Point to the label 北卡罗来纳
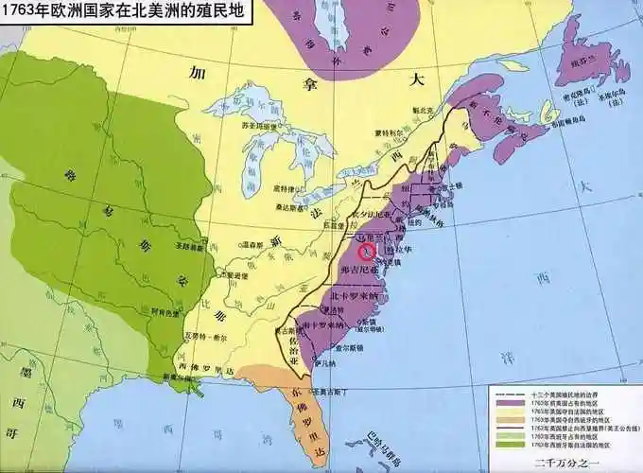click(x=354, y=294)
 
